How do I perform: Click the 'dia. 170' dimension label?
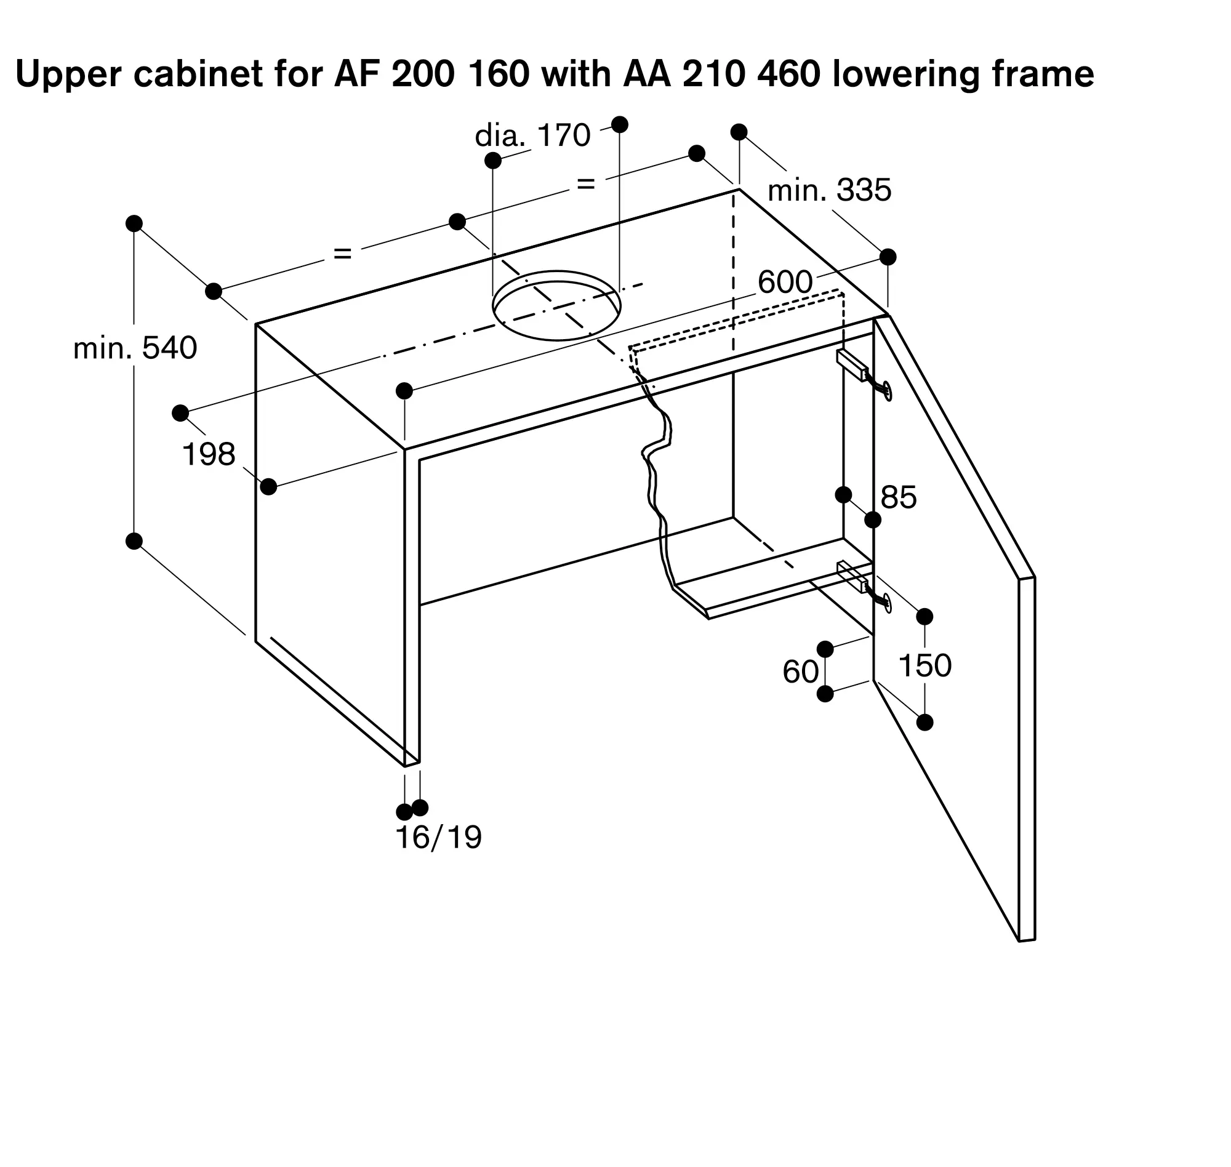[x=532, y=135]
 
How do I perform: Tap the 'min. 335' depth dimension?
[x=830, y=190]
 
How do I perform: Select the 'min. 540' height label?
[x=135, y=348]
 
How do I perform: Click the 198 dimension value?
[x=209, y=454]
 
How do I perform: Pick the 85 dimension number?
[x=899, y=497]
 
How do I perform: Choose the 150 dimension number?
[x=925, y=665]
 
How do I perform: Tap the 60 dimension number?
[x=801, y=672]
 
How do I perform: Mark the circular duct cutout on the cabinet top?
[x=556, y=305]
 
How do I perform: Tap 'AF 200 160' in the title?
[x=431, y=74]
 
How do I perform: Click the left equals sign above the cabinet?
[x=343, y=253]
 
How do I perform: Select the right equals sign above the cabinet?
[x=586, y=184]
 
